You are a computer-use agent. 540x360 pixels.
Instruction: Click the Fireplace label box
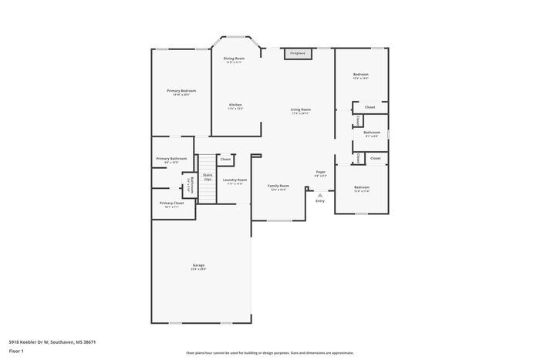tap(298, 53)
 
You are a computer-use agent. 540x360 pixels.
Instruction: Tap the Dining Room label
tap(234, 59)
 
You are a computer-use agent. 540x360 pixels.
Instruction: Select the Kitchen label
tap(235, 106)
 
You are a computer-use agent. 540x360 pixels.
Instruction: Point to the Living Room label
tap(300, 110)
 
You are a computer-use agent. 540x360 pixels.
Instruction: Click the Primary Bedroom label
tap(181, 92)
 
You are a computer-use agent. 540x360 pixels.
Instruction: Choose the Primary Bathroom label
tap(172, 160)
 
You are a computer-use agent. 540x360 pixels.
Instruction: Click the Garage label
tap(198, 267)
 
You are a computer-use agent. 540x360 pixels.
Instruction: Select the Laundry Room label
tap(235, 180)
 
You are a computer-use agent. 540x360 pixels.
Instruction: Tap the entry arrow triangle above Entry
tap(319, 195)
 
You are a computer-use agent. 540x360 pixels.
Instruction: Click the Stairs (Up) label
tap(208, 177)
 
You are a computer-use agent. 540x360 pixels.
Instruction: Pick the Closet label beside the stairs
tap(225, 159)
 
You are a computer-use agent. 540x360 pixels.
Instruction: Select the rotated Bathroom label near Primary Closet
tap(190, 186)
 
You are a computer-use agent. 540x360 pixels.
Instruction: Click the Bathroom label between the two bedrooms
tap(372, 133)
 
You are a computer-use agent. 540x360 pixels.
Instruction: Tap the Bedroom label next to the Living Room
tap(361, 76)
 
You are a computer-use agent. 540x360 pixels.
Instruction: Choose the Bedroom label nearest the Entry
tap(362, 188)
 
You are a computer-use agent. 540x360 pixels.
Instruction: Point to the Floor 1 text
tap(16, 352)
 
